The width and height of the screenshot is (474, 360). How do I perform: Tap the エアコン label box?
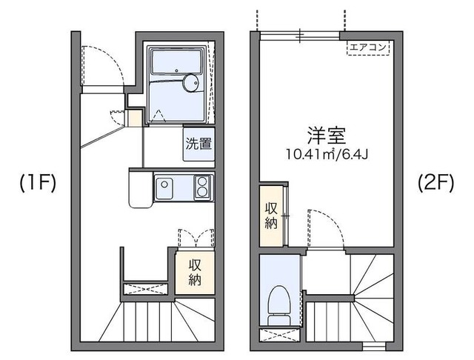(368, 48)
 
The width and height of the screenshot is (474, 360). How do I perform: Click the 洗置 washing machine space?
(198, 144)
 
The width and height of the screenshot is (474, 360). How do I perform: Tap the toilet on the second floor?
(278, 303)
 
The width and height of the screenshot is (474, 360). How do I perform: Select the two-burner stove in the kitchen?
(201, 186)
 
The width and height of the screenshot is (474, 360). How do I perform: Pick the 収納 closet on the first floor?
(195, 272)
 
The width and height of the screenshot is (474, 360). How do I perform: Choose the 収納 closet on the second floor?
(270, 213)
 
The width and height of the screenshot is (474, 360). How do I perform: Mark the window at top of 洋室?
(299, 33)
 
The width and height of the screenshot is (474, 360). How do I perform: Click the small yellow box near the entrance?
(133, 118)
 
